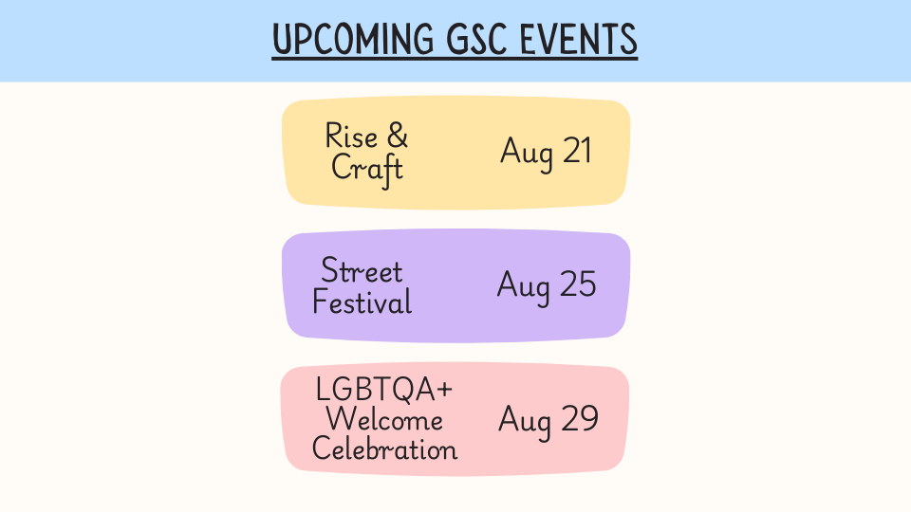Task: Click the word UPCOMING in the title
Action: [x=353, y=40]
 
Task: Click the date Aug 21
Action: [x=547, y=152]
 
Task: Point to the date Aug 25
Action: [x=547, y=285]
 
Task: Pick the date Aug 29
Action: [x=548, y=420]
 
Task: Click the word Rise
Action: [x=351, y=137]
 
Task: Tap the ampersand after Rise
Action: [x=398, y=137]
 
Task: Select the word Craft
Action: [x=367, y=170]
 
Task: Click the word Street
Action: [x=362, y=271]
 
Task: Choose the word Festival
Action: [x=362, y=302]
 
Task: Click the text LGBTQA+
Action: [x=383, y=389]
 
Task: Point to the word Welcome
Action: [x=384, y=418]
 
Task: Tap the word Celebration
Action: [x=384, y=448]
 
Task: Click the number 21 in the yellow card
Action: [x=578, y=151]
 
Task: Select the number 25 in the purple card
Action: [x=578, y=283]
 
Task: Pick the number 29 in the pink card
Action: [x=579, y=418]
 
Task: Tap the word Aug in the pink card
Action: [x=525, y=421]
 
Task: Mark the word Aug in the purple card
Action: [x=524, y=287]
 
